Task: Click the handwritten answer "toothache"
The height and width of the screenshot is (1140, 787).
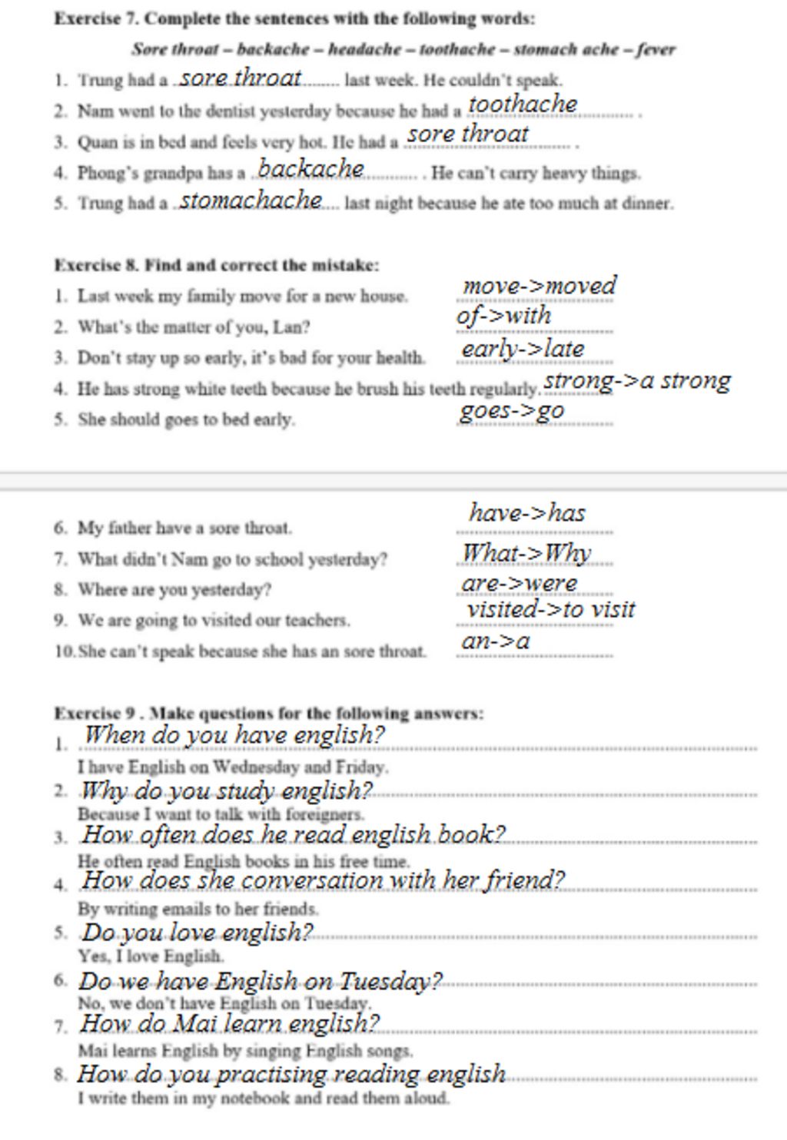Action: tap(523, 104)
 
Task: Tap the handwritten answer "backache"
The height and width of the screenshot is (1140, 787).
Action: tap(310, 168)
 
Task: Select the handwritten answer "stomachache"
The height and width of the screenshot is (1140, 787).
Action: tap(251, 200)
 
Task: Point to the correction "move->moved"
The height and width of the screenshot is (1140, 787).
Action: tap(539, 286)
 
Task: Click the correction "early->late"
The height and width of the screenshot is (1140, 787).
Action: tap(523, 349)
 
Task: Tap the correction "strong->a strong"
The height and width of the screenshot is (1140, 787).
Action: tap(637, 380)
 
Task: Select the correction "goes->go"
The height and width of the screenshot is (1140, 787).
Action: tap(512, 411)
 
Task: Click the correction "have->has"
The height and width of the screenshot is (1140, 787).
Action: tap(527, 512)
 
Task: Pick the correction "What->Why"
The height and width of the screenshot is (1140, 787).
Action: tap(526, 552)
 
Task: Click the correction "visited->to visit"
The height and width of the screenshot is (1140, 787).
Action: tap(550, 610)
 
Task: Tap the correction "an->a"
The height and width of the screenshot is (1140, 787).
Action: tap(496, 641)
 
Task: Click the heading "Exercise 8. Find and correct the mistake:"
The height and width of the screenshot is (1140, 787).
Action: tap(217, 266)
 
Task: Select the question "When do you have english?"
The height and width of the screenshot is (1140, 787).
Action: tap(234, 735)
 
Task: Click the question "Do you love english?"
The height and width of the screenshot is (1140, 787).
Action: tap(198, 933)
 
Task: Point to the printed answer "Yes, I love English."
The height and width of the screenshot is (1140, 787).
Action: tap(151, 956)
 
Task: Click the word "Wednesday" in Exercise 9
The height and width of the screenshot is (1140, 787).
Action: tap(253, 767)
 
